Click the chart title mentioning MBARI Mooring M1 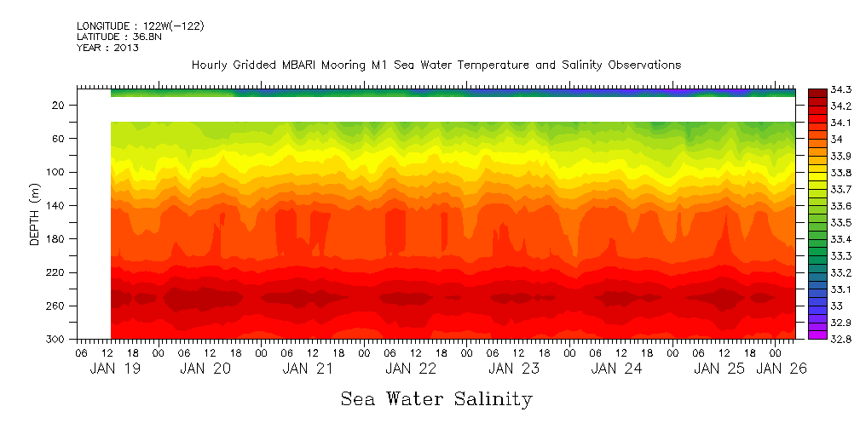(436, 66)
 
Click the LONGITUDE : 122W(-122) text (140, 26)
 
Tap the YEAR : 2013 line (107, 48)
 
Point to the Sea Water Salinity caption (436, 398)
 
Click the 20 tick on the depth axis (60, 105)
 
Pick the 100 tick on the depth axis (56, 172)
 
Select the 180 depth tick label (56, 238)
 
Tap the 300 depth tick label (56, 339)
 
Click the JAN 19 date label (115, 369)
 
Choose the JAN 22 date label (411, 369)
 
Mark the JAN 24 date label (615, 369)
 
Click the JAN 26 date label (782, 369)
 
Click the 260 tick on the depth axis (56, 306)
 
